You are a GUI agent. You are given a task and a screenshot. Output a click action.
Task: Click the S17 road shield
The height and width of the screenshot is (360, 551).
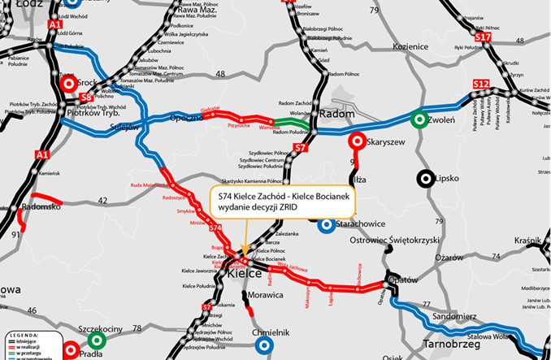pos(483,37)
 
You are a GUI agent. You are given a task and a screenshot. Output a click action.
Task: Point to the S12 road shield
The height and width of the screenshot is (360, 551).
pos(481,85)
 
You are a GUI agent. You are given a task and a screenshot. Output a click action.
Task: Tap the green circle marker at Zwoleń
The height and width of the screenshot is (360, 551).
pos(419,119)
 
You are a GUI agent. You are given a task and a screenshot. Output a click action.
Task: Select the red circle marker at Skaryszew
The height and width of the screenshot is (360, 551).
pos(354,141)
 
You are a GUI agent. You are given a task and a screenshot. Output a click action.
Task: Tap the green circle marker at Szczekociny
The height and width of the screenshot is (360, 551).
pos(97,340)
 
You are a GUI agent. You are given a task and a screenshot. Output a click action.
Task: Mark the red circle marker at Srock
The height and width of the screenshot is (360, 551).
pos(67,83)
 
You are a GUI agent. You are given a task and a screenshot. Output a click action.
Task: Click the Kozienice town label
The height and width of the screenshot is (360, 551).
pos(409,47)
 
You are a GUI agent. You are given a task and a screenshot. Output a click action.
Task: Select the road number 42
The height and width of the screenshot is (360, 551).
pos(102,200)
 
